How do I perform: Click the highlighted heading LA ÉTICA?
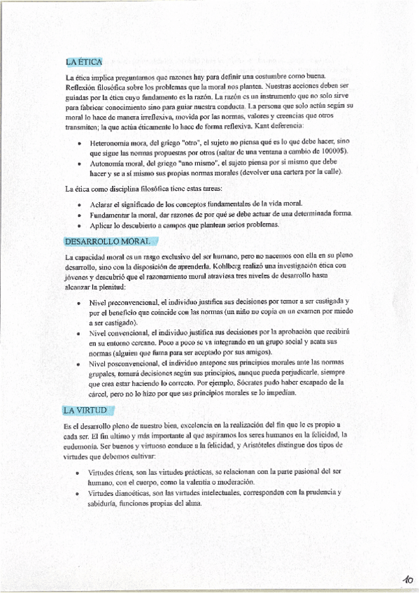click(84, 62)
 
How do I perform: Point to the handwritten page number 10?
click(407, 579)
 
